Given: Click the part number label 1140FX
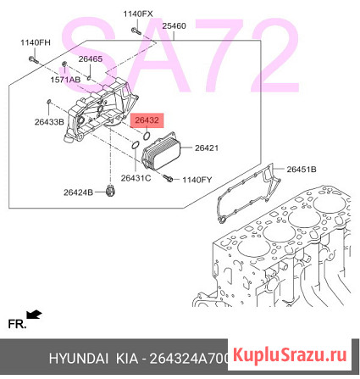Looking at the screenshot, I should click(137, 14).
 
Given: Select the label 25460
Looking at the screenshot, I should click(174, 26).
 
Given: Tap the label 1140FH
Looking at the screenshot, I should click(36, 42).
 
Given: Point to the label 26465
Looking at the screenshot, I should click(90, 59).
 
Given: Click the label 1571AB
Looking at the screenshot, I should click(64, 79).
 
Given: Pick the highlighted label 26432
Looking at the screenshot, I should click(148, 121).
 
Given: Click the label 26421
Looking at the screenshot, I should click(207, 148).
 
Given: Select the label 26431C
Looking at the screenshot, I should click(136, 178).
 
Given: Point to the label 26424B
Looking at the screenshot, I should click(77, 192).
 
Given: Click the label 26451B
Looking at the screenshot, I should click(300, 170).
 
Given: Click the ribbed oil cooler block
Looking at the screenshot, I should click(164, 157).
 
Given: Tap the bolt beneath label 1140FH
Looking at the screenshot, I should click(30, 59).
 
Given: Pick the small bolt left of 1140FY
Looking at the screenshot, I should click(169, 179).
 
